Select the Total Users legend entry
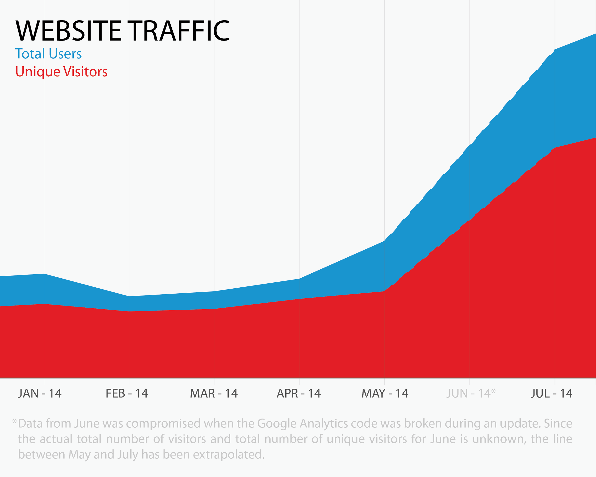[x=48, y=54]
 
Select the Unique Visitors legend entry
[x=61, y=72]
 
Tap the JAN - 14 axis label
[x=40, y=394]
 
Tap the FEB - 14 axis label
[x=127, y=394]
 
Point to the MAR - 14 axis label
[x=214, y=394]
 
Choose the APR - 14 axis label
[x=298, y=394]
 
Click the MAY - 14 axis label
[x=385, y=394]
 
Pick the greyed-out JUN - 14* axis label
[x=471, y=394]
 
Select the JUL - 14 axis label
[x=551, y=394]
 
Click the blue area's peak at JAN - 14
[x=44, y=274]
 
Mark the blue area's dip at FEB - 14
[x=129, y=297]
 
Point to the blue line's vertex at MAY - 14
[x=384, y=241]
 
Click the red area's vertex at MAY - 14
[x=384, y=291]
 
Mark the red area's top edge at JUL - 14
[x=555, y=148]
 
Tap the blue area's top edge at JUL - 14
[x=555, y=50]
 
